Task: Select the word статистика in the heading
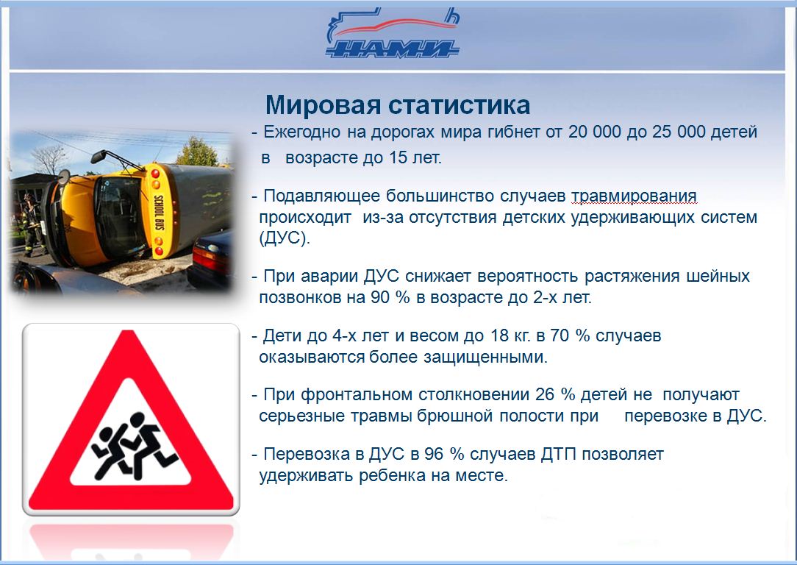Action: tap(460, 105)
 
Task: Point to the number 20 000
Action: tap(595, 132)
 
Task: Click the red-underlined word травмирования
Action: tap(634, 196)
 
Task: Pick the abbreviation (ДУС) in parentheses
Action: tap(284, 238)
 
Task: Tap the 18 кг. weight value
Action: tap(511, 335)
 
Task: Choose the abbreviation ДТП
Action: tap(559, 454)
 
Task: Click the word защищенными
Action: tap(485, 357)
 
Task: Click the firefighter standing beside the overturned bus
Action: tap(32, 225)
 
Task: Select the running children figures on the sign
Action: tap(133, 446)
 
